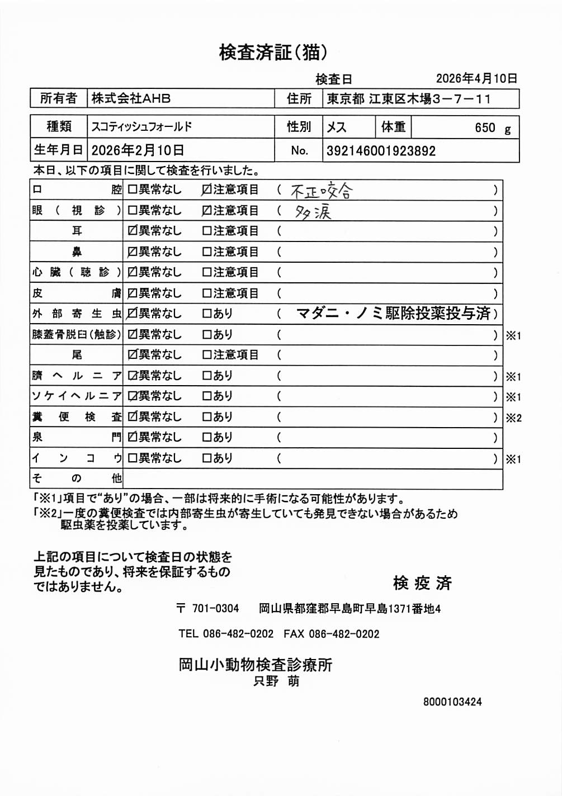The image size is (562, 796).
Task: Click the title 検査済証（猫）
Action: (273, 53)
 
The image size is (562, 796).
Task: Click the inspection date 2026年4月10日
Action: (476, 79)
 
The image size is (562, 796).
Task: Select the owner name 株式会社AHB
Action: (131, 99)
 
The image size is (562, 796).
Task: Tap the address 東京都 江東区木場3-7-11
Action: (409, 99)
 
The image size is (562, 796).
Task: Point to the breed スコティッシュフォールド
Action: (141, 127)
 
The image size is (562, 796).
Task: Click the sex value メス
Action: (336, 127)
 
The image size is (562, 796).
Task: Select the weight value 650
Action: (485, 128)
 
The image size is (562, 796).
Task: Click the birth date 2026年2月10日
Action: (138, 150)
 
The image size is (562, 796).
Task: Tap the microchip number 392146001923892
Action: (381, 151)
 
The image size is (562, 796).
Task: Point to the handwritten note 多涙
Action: (313, 212)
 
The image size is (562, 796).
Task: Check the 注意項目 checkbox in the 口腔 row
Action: (206, 190)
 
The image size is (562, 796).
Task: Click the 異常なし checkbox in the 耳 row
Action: (133, 231)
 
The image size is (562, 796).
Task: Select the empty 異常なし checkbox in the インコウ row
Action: (133, 458)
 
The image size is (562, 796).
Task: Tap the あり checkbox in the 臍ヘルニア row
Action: (206, 376)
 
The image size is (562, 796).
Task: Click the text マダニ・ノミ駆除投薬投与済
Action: (393, 314)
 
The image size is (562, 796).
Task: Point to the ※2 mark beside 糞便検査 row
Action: (513, 418)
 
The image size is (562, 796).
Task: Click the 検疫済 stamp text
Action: (422, 583)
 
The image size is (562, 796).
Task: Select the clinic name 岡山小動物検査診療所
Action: (255, 665)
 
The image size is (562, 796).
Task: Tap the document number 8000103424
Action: (452, 702)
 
